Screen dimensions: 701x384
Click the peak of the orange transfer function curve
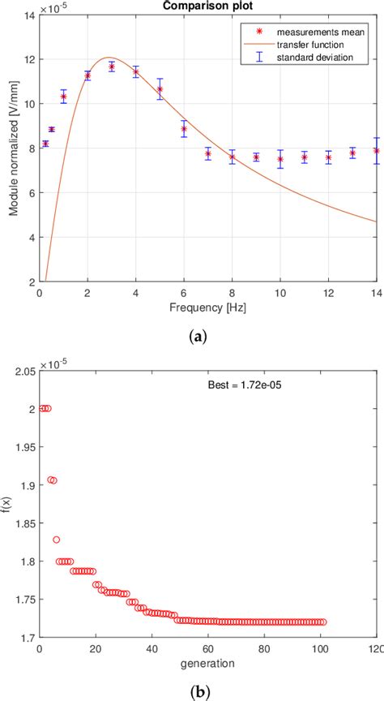coord(109,58)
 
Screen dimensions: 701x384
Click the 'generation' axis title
coord(207,666)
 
